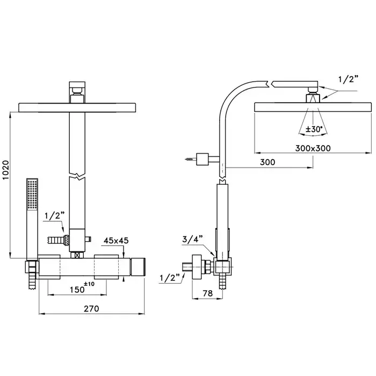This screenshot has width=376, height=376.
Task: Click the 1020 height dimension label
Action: click(x=5, y=170)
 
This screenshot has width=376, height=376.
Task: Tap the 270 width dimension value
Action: click(x=91, y=309)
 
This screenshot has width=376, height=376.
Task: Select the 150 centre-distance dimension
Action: click(x=77, y=290)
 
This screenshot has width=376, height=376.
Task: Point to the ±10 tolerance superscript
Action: click(x=89, y=284)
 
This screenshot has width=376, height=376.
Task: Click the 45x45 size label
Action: click(x=116, y=241)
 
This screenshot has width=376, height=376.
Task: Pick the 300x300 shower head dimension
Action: click(x=313, y=148)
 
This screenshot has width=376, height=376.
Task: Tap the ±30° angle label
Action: click(x=313, y=129)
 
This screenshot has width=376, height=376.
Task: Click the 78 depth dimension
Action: click(x=208, y=293)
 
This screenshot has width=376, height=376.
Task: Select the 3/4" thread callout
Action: click(x=192, y=239)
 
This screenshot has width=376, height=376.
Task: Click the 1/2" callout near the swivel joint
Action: click(x=348, y=79)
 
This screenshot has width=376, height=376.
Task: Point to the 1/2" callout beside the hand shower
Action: click(x=55, y=216)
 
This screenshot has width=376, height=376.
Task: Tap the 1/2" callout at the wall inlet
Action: click(x=170, y=278)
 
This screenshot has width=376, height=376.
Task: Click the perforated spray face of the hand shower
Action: click(x=32, y=194)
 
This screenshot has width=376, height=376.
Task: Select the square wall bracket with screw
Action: click(x=202, y=159)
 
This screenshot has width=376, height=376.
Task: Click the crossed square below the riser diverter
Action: click(x=77, y=255)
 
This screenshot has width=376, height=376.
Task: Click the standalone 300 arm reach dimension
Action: click(x=267, y=162)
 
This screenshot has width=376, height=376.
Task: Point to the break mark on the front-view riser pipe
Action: click(x=77, y=175)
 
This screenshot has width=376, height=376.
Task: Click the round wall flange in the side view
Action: click(x=197, y=266)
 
